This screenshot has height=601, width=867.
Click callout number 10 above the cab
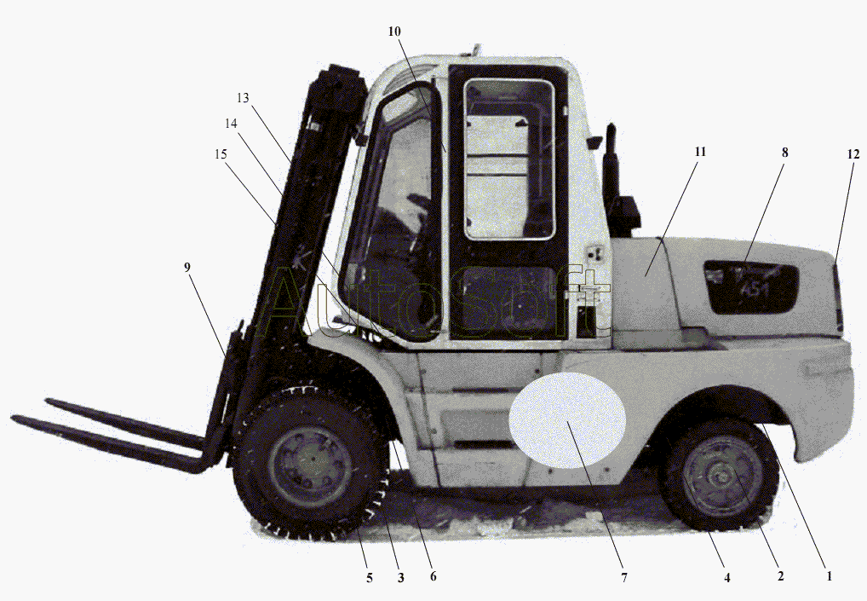point(394,32)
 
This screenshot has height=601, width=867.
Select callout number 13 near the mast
point(243,98)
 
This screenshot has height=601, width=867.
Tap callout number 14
point(231,124)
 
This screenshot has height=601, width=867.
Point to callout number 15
point(221,153)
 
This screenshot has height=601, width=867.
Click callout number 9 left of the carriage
point(187,268)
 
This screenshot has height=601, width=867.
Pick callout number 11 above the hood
point(701,152)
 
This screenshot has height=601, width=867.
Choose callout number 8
point(785,153)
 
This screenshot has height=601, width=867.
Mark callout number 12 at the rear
point(853,154)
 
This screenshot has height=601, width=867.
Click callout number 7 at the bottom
point(624,578)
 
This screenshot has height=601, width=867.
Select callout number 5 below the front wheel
point(370,578)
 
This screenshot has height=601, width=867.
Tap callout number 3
point(401,578)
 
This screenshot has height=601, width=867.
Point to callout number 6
point(433,576)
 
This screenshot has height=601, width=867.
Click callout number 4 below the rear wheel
point(727,578)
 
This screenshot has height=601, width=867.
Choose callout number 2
point(780,576)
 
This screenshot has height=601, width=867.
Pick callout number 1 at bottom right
point(829,576)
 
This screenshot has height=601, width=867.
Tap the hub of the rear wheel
point(721,476)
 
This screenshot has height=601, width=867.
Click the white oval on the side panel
point(566,420)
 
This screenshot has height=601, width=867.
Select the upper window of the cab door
point(509,159)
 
